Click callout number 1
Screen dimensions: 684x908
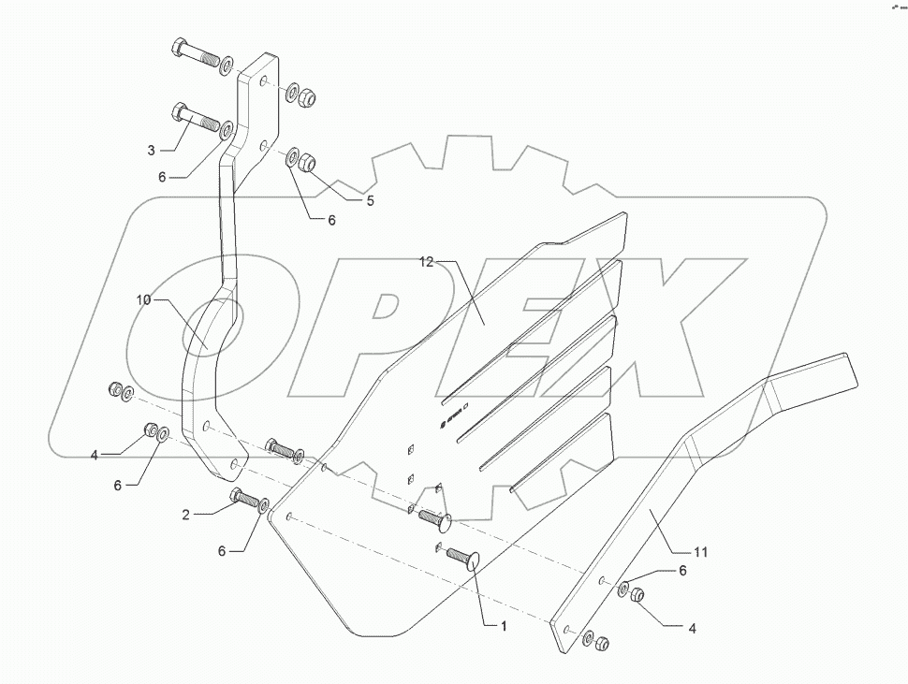503,627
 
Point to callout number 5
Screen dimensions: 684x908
370,201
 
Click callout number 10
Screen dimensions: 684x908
142,300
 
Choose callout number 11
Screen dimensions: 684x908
700,552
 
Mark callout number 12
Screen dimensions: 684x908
426,264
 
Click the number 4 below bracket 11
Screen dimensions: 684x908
693,630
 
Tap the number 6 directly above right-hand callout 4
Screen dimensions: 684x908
682,571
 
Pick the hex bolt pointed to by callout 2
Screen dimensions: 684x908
245,499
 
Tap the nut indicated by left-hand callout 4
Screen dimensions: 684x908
150,430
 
